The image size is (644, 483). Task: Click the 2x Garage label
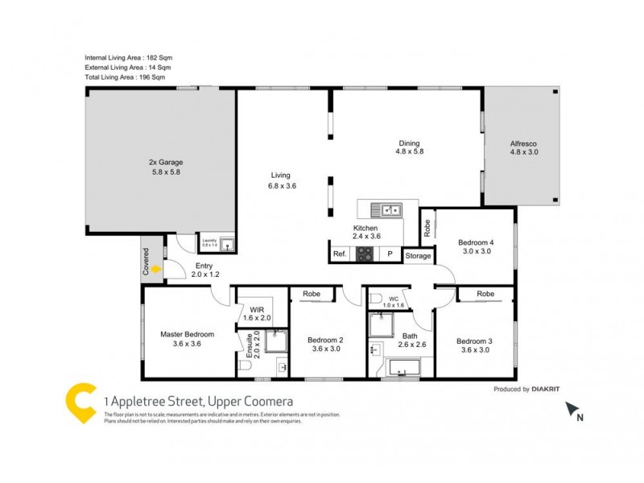pos(163,161)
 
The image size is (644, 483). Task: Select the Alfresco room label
pos(523,143)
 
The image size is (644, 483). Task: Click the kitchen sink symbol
pos(387,210)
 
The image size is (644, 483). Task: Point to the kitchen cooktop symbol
pos(365,254)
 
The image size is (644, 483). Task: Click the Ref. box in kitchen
pos(340,254)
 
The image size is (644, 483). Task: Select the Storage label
pos(418,256)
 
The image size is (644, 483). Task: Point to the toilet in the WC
pos(375,299)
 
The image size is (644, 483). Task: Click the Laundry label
pos(210,241)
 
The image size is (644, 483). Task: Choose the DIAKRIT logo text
pos(547,389)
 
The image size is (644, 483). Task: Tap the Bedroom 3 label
pos(474,340)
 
